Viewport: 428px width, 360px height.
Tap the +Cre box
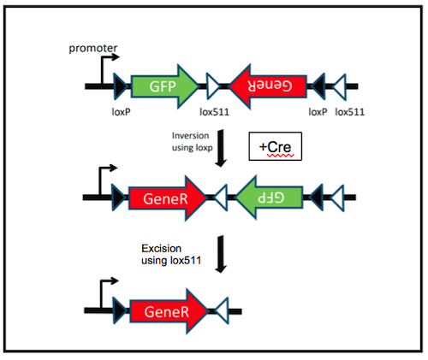pos(274,147)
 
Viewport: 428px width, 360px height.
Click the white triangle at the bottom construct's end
pos(220,310)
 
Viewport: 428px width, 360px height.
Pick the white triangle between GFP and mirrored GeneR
pos(214,85)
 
